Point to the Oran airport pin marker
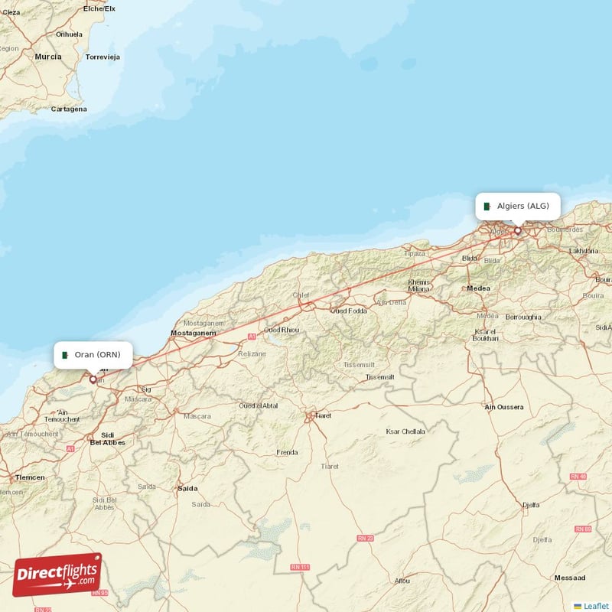pos(93,379)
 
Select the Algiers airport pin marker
pos(517,230)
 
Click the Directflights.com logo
pos(57,575)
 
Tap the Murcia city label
pos(47,57)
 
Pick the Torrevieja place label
pos(103,57)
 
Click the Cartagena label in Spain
pos(69,109)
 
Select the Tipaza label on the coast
pos(414,253)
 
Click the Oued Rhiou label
pos(282,330)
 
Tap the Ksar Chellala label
pos(405,431)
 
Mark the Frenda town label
pos(287,452)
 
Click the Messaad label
pos(571,578)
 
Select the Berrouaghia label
pos(523,317)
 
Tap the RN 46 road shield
pos(579,477)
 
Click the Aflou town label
pos(401,581)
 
